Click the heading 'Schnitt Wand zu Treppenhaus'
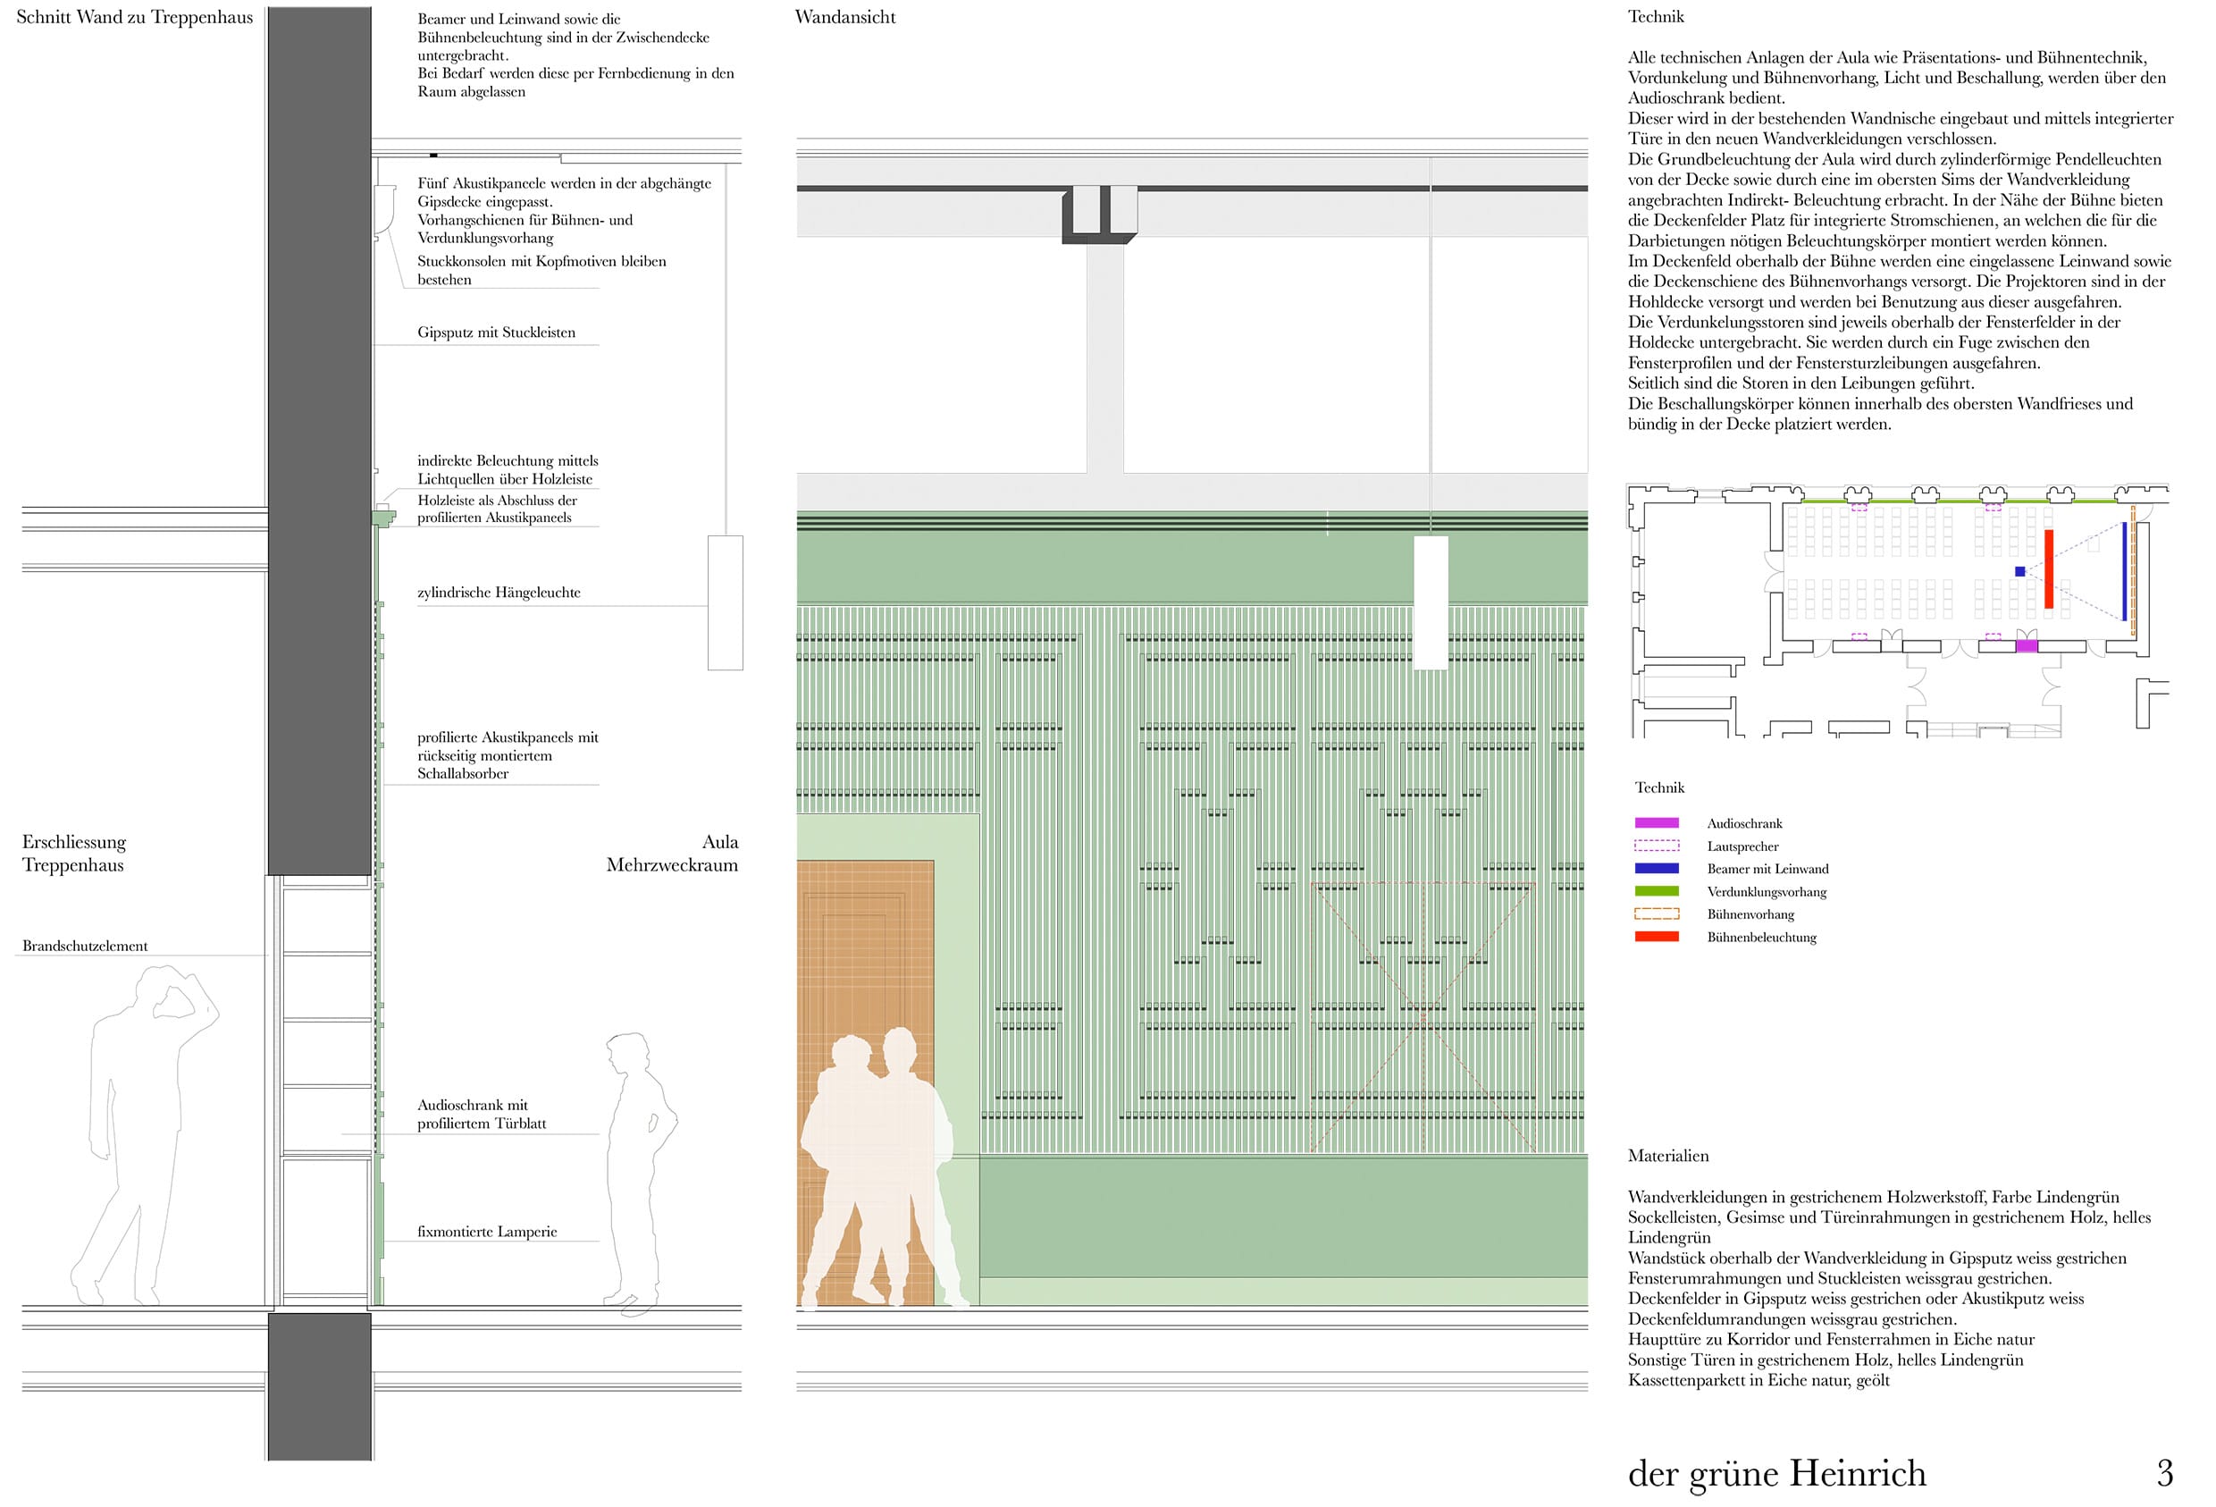coord(134,17)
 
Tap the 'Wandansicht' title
coord(844,17)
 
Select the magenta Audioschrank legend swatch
coord(1657,822)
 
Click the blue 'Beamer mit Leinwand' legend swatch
coord(1657,868)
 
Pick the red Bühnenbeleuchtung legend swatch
coord(1657,937)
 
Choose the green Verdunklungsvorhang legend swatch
coord(1657,891)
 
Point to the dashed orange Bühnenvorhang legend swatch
coord(1657,913)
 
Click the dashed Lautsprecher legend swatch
coord(1657,845)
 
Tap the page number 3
coord(2164,1474)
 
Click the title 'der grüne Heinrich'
coord(1777,1474)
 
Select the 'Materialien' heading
coord(1667,1156)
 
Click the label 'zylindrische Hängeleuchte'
coord(499,593)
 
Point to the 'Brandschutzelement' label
coord(85,947)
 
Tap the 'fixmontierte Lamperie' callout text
coord(487,1232)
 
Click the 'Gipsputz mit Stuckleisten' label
coord(496,333)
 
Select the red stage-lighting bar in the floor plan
coord(2048,569)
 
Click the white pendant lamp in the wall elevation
coord(1431,602)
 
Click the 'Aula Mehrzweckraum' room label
coord(672,854)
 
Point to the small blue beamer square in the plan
coord(2019,571)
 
